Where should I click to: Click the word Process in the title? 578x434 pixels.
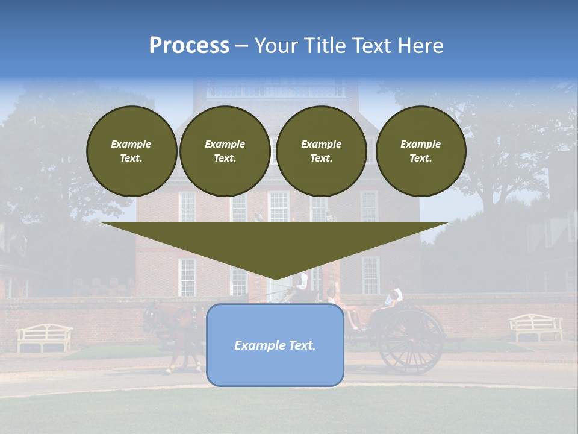pos(189,46)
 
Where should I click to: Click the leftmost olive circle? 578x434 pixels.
pos(131,151)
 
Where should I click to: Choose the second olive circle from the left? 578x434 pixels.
pos(225,151)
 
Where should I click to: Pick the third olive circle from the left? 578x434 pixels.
pos(321,151)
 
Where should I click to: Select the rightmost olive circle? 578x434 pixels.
pos(420,151)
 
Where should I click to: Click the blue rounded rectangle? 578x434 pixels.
pos(275,345)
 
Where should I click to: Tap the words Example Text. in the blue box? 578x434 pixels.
pos(275,345)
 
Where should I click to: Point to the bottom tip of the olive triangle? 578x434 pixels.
pos(275,279)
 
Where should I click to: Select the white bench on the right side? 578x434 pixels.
pos(535,327)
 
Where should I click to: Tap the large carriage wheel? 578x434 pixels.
pos(412,341)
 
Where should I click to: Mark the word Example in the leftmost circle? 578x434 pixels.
pos(131,144)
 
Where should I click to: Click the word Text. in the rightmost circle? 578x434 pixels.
pos(420,159)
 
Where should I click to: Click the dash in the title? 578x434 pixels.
pos(242,46)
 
